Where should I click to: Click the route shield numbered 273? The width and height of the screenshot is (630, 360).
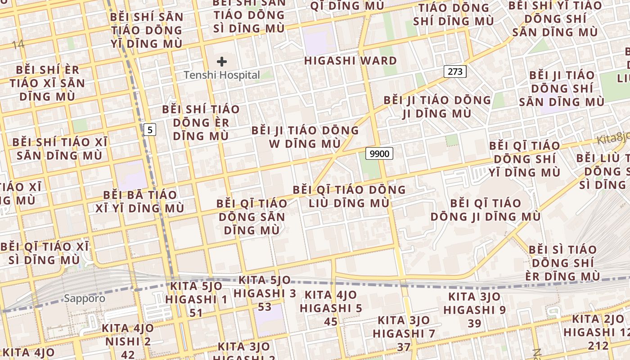point(455,71)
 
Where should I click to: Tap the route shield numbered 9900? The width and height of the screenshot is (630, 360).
point(379,153)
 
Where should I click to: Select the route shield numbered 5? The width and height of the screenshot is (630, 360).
point(150,130)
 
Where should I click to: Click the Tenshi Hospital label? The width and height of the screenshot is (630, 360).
point(222,75)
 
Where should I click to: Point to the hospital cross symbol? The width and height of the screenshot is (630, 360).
point(222,62)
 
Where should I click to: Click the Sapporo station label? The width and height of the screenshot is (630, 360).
point(84,298)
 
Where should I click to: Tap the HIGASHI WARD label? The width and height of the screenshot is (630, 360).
point(351,61)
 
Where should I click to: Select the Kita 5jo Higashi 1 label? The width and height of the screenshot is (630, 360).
point(196,293)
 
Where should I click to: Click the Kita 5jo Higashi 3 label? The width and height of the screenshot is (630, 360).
point(265,287)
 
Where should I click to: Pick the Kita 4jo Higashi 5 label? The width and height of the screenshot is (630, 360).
point(331,301)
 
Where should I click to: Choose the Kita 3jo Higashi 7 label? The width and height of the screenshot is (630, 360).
point(404,327)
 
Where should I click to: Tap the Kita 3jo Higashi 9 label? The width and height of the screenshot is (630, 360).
point(474,303)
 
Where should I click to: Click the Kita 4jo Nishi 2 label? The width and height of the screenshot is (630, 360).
point(128,335)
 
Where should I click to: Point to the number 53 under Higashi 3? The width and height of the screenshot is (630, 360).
point(265,307)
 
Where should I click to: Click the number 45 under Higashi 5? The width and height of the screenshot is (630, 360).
point(331,321)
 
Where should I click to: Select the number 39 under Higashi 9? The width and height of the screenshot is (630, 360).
point(474,323)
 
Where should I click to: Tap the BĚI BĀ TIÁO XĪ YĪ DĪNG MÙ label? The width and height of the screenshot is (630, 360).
point(140,202)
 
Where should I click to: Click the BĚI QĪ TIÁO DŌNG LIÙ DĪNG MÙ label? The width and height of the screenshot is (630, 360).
point(349,196)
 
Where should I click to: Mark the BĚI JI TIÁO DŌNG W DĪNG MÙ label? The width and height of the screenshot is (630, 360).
point(305,137)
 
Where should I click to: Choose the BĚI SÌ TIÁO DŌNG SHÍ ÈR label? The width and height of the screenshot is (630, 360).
point(562,263)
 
